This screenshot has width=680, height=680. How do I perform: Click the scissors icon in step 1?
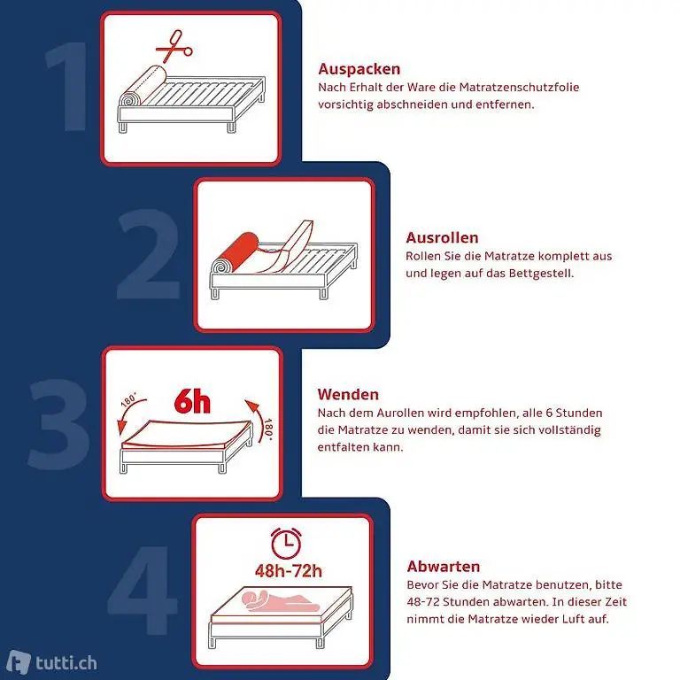[x=174, y=46]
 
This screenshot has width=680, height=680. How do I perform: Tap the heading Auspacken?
[x=359, y=69]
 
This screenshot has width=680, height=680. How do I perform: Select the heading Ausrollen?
[x=442, y=237]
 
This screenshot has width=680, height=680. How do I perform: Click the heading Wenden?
[x=348, y=394]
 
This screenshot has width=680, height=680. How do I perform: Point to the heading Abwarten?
[x=444, y=567]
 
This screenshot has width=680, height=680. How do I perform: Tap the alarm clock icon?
[x=286, y=543]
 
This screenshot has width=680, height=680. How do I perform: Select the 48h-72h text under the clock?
[x=289, y=571]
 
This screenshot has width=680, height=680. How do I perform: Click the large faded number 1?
[x=68, y=86]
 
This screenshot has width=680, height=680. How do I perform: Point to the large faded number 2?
[x=149, y=254]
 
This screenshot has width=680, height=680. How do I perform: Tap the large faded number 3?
[x=58, y=424]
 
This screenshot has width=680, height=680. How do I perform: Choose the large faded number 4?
[x=143, y=591]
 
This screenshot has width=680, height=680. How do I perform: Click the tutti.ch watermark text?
[x=66, y=663]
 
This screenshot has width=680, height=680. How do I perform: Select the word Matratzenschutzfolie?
[x=519, y=87]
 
